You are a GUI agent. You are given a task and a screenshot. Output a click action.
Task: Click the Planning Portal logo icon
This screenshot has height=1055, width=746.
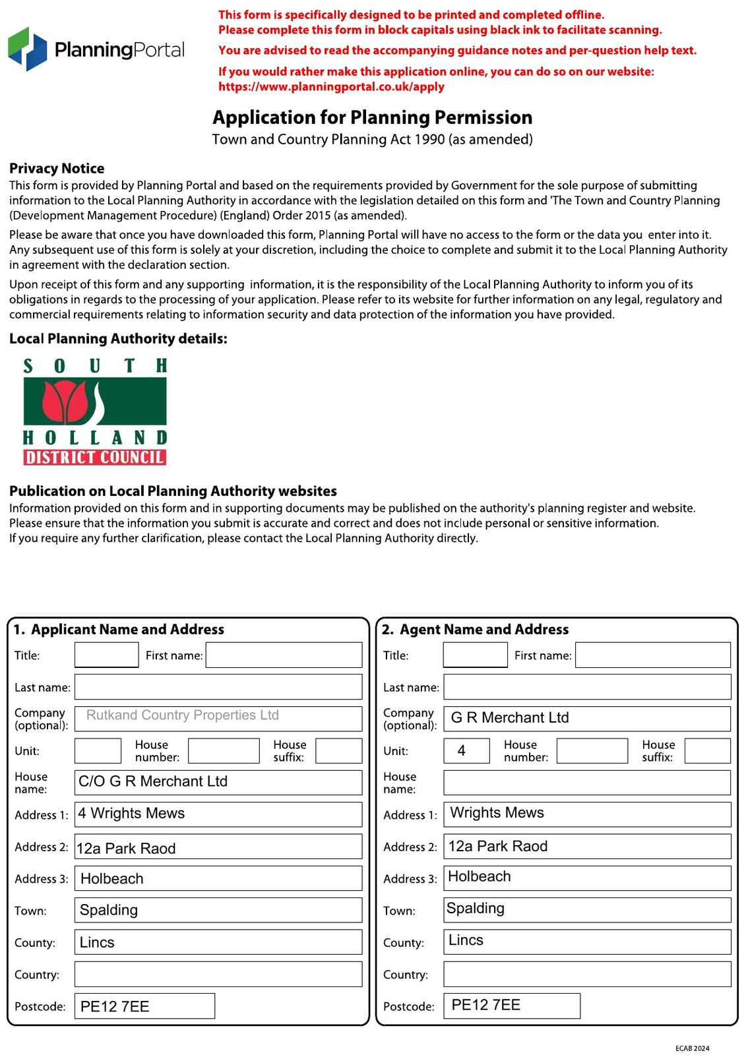[x=28, y=49]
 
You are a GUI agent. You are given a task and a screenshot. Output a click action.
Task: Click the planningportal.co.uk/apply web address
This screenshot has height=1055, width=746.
[x=331, y=87]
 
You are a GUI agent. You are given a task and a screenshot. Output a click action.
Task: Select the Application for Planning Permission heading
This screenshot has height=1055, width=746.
[x=372, y=117]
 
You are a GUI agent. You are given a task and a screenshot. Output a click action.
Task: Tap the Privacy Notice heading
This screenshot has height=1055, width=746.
[x=57, y=168]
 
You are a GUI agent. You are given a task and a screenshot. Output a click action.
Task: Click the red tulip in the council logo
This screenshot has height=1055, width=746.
[x=65, y=402]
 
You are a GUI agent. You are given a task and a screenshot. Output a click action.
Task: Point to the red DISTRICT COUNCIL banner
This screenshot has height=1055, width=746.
[x=95, y=457]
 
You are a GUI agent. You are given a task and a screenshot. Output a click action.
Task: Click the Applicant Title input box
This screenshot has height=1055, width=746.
[x=106, y=655]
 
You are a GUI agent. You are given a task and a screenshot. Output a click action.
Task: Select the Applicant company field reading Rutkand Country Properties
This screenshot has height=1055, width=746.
[x=218, y=718]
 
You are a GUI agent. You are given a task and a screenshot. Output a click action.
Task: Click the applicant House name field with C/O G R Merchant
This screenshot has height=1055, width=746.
[x=218, y=782]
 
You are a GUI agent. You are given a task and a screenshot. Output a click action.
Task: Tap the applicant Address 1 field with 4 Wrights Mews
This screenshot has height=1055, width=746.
[x=218, y=814]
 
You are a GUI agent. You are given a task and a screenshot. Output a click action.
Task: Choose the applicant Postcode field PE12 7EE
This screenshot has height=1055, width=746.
[x=144, y=1006]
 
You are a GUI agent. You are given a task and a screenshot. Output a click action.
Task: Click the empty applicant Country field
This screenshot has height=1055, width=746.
[x=218, y=974]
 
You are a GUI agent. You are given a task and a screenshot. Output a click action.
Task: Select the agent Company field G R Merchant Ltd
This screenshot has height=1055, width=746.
[x=586, y=718]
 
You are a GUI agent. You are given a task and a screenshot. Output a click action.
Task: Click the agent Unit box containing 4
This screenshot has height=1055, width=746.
[x=466, y=750]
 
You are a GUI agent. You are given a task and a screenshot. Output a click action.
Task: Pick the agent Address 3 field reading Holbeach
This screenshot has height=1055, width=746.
[x=586, y=878]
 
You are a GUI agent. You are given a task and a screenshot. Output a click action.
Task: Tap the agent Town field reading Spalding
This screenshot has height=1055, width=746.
[x=586, y=909]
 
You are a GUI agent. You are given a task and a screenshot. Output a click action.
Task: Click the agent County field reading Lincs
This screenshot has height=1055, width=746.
[x=586, y=942]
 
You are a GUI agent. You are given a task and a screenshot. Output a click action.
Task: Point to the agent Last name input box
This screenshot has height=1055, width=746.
[x=586, y=686]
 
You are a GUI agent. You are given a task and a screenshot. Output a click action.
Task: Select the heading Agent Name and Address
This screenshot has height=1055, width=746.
[x=483, y=629]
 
